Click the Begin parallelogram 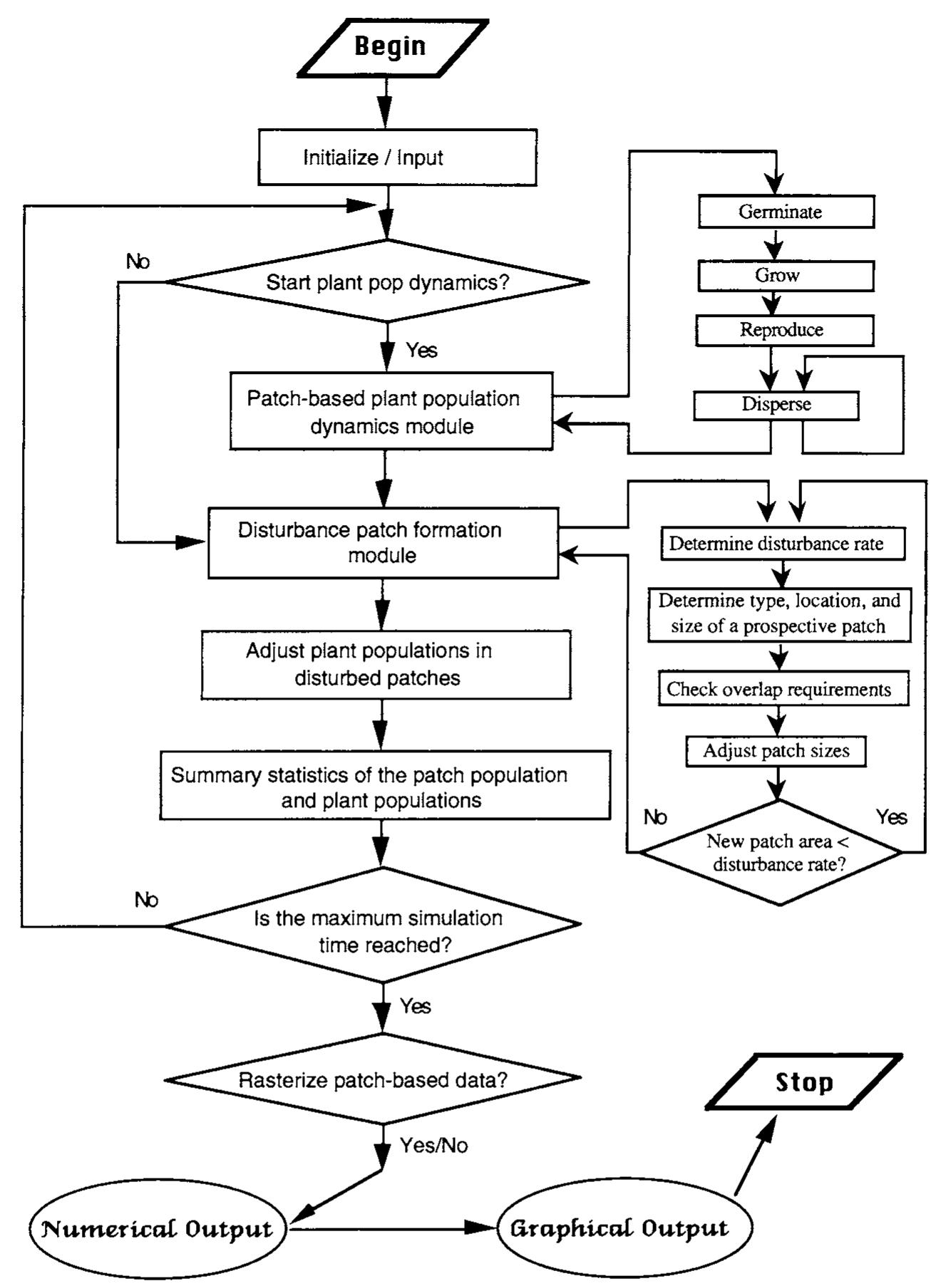(391, 47)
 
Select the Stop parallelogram (803, 1082)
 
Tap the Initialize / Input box (396, 157)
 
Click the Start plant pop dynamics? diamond (386, 282)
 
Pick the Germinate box (786, 212)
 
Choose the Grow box (785, 276)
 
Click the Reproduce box (784, 331)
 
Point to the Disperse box (776, 405)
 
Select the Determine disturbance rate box (782, 544)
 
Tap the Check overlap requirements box (783, 689)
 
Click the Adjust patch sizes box (776, 751)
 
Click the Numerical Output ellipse (157, 1228)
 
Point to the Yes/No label (433, 1146)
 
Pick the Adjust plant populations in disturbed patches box (386, 664)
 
